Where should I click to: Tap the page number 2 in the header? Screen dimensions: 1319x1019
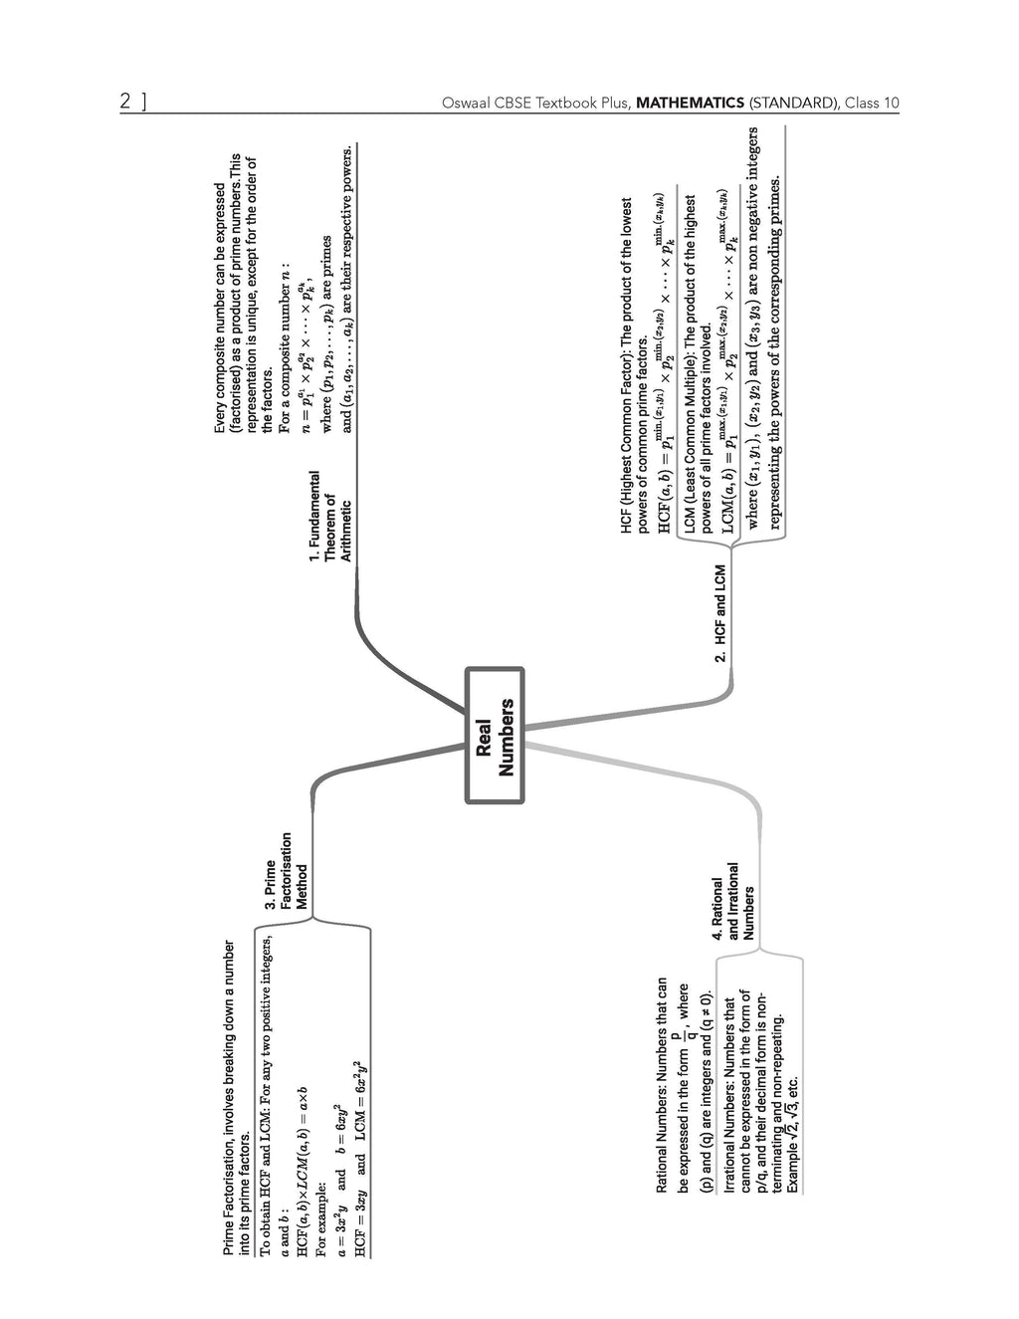(x=125, y=102)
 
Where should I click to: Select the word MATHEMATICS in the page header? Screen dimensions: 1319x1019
(x=689, y=103)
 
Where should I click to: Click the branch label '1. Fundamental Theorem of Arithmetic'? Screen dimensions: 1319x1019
(x=329, y=516)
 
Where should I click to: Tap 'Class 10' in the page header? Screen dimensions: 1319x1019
(x=872, y=103)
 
